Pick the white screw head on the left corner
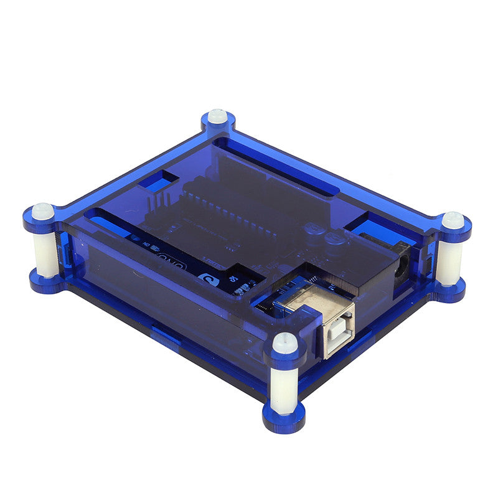point(42,210)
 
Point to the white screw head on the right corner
point(453,220)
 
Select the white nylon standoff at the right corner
point(449,262)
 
